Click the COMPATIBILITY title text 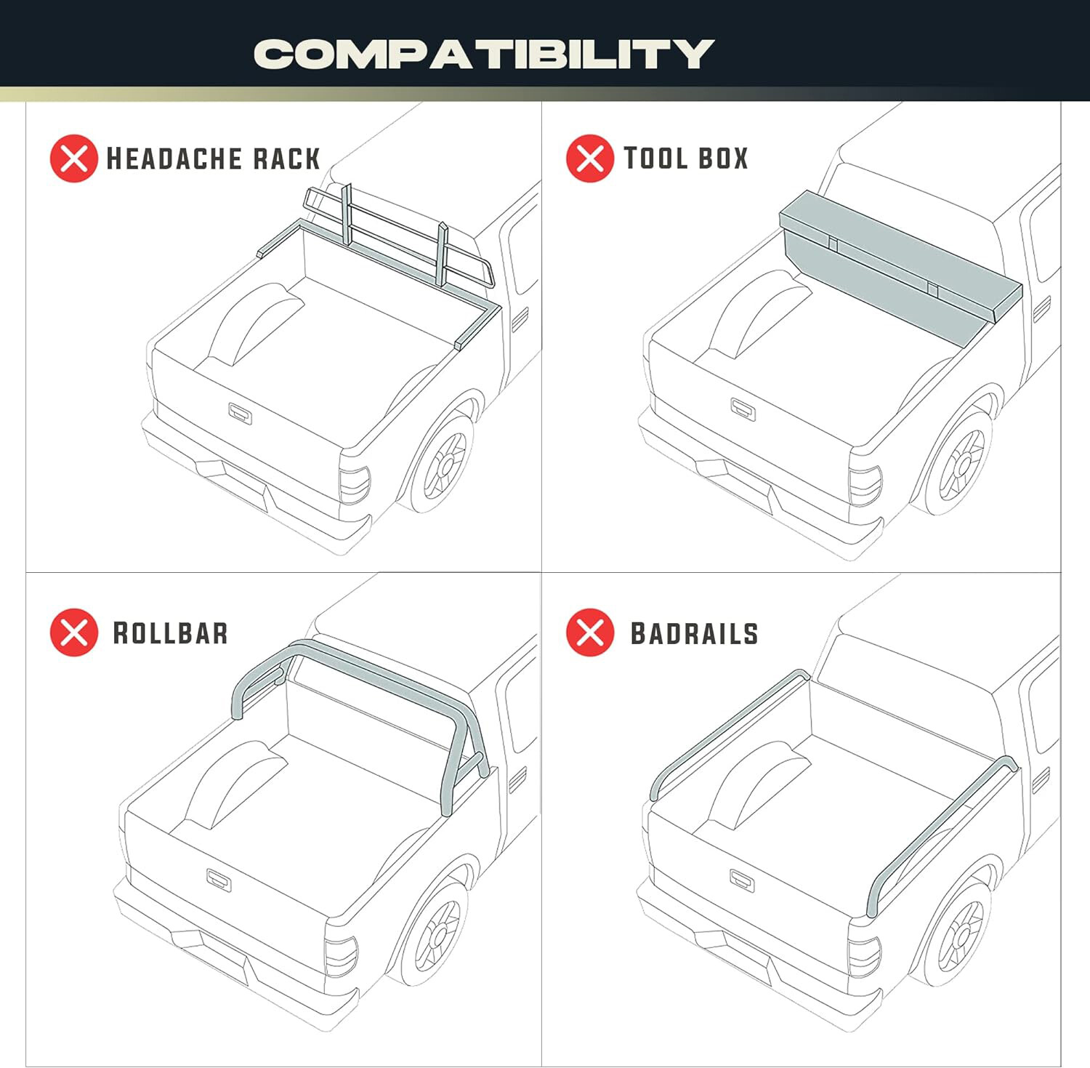484,54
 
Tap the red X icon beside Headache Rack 73,158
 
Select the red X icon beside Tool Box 589,158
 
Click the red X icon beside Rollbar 73,633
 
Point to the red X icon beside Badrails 589,633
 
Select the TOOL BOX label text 686,158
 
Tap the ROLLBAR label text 170,633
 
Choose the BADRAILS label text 694,633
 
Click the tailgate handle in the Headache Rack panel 240,413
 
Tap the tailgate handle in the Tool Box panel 743,409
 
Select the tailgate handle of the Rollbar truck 219,880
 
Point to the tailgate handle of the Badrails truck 741,880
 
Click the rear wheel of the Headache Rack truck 444,463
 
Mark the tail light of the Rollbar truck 341,956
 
